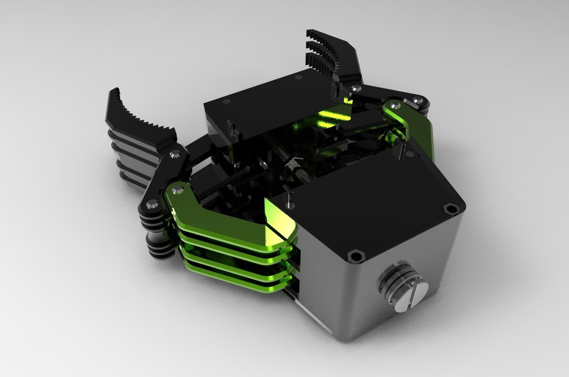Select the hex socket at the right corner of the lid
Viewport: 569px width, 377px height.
452,209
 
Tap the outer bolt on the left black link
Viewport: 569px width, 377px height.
152,204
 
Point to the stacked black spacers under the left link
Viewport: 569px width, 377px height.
157,237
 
